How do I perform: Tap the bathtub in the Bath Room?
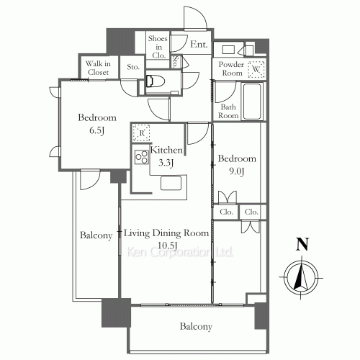252,101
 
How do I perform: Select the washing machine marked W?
256,69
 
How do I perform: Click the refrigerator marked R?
142,132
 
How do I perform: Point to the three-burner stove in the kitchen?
142,157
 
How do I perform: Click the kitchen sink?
171,183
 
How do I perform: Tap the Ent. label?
199,44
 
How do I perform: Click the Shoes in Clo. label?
158,47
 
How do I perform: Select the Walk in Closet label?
98,68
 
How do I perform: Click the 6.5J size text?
97,130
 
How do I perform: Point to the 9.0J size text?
237,171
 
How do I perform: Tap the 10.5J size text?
167,246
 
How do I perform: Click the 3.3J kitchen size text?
166,163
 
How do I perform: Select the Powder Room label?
231,68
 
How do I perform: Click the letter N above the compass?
302,244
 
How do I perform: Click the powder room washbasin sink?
228,50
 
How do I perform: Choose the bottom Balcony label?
196,327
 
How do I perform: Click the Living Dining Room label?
166,233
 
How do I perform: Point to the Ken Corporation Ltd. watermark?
179,252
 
